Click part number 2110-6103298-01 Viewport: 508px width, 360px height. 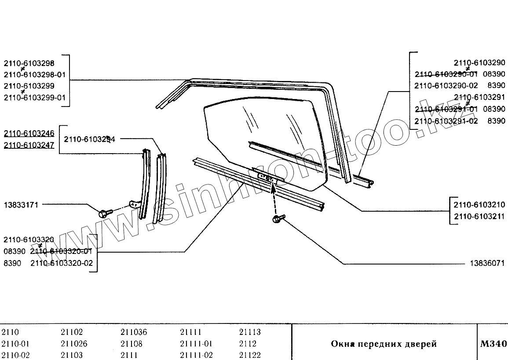(35, 74)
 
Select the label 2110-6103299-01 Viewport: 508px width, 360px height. (35, 97)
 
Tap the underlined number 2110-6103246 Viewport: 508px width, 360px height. (29, 133)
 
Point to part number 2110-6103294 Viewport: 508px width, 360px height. (89, 139)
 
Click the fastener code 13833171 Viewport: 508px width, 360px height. (21, 205)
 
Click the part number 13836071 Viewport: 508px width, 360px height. (487, 264)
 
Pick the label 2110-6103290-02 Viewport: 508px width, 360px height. (446, 85)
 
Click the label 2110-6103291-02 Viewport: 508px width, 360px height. (446, 121)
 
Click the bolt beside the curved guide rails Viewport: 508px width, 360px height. (104, 213)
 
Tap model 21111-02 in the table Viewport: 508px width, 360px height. (196, 355)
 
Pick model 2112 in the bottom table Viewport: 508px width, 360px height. (248, 344)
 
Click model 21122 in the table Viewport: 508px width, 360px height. (250, 355)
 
